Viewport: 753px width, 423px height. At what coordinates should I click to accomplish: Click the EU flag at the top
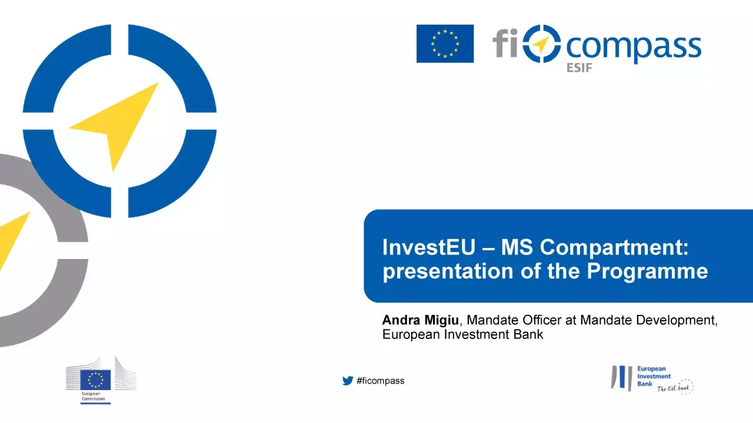pyautogui.click(x=445, y=43)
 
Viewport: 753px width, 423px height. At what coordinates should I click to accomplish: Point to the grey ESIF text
pyautogui.click(x=579, y=68)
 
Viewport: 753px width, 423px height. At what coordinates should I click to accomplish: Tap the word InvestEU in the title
pyautogui.click(x=428, y=247)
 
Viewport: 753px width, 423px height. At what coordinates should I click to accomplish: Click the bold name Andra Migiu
pyautogui.click(x=421, y=320)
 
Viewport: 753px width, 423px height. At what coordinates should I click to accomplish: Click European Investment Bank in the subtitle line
pyautogui.click(x=462, y=335)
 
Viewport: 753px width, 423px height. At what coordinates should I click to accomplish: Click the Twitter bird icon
pyautogui.click(x=348, y=381)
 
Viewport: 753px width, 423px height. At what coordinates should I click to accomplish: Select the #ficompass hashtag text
pyautogui.click(x=381, y=381)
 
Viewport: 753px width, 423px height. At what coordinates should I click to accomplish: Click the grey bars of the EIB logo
pyautogui.click(x=621, y=378)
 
